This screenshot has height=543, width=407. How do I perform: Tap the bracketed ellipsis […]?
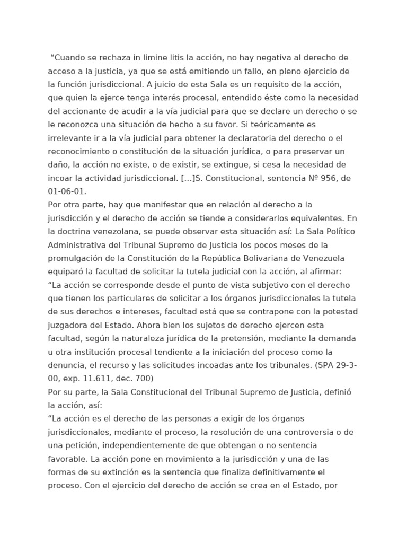pos(186,177)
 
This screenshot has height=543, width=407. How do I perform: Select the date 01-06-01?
pos(66,190)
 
